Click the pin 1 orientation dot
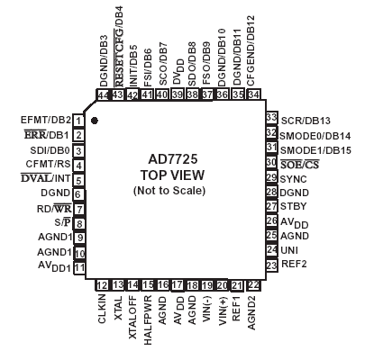coord(95,121)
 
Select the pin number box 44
coord(103,95)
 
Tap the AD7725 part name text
coord(173,159)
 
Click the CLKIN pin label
coord(102,309)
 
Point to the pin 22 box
coord(253,285)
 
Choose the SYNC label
coord(294,179)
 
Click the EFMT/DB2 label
coord(46,120)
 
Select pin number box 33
coord(271,117)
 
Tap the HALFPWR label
coord(148,320)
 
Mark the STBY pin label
coord(294,206)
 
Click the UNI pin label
coord(289,250)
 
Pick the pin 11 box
coord(79,267)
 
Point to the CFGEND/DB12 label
coord(251,51)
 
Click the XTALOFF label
coord(132,318)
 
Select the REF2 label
coord(294,264)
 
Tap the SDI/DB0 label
coord(50,150)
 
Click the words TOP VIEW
coord(172,175)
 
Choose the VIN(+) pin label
coord(223,311)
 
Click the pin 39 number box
coord(178,94)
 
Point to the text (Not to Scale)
coord(169,191)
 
